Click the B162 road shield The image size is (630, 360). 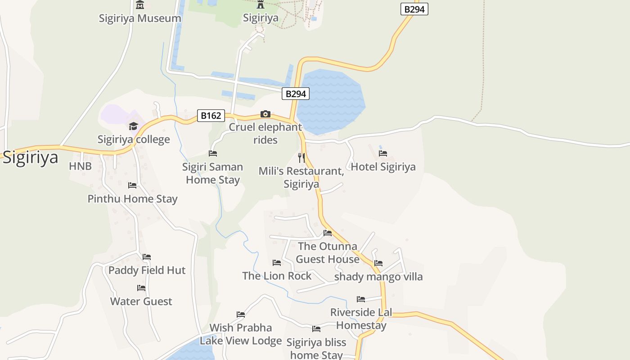point(211,116)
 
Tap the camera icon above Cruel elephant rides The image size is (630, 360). point(265,114)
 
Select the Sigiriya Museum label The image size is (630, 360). point(140,18)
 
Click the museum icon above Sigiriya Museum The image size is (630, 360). point(140,5)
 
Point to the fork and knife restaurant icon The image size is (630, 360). point(301,157)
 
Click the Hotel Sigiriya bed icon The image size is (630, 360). point(383,153)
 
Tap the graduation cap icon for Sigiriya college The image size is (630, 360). point(133,126)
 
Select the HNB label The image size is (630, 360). point(81,166)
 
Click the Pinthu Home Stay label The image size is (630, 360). point(132,199)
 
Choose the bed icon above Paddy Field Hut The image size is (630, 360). point(147,257)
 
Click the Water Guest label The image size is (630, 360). point(141,301)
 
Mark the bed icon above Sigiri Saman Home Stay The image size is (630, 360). point(213,153)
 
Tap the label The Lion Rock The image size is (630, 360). point(277,276)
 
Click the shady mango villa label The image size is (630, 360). point(378,277)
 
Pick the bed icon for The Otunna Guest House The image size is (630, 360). point(328,233)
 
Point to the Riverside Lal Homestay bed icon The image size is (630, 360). point(361,299)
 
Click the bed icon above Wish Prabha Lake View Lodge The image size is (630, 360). point(241,314)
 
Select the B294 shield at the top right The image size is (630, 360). point(414,9)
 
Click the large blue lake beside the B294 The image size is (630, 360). point(331,101)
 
